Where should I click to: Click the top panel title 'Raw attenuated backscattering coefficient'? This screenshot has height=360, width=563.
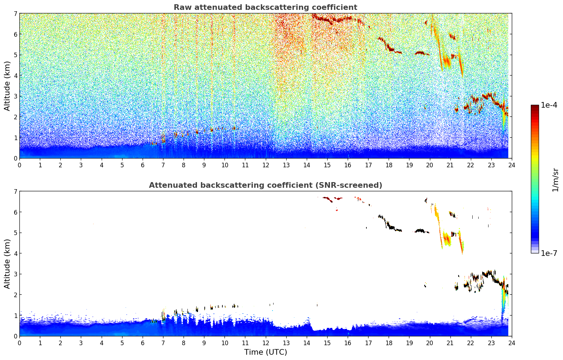click(x=265, y=7)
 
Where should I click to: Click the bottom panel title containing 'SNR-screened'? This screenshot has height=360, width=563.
click(x=265, y=185)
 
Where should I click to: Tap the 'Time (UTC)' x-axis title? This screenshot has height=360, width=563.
click(x=265, y=352)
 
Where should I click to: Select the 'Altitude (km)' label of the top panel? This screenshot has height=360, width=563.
click(x=7, y=86)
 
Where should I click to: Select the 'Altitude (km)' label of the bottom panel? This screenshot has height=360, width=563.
click(x=7, y=264)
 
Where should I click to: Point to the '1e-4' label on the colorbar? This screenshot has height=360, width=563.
click(x=549, y=105)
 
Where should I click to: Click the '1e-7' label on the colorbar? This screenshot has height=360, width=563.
click(x=549, y=253)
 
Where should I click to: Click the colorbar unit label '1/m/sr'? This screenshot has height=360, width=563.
click(x=555, y=179)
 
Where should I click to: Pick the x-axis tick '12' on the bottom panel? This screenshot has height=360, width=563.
click(x=265, y=343)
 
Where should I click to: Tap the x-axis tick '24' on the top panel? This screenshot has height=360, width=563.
click(x=511, y=165)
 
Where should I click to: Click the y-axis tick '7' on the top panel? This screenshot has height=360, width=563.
click(x=15, y=14)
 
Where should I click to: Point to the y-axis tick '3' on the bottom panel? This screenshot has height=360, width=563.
click(x=15, y=274)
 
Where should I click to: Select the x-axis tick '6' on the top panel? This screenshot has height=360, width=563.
click(x=143, y=165)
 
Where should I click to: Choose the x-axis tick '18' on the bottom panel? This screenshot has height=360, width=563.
click(x=389, y=343)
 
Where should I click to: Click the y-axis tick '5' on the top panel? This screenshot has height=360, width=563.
click(x=15, y=55)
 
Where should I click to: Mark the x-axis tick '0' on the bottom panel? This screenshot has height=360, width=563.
click(x=19, y=343)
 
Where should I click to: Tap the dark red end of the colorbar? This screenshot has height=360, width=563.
click(x=534, y=107)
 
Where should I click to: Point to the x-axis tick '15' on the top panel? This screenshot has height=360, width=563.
click(x=327, y=165)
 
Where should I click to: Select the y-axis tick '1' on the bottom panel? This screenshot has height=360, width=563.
click(x=15, y=316)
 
